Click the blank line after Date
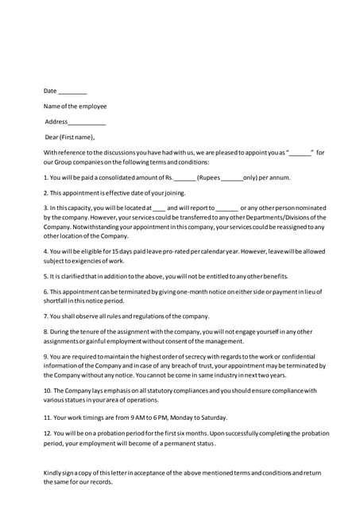(73, 92)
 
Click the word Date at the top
(50, 91)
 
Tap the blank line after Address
(87, 122)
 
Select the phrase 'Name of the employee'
(75, 106)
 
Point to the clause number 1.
(45, 177)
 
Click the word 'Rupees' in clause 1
(210, 177)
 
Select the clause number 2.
(45, 192)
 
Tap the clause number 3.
(45, 208)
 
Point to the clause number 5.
(45, 276)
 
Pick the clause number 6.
(45, 291)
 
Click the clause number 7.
(45, 316)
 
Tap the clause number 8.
(45, 331)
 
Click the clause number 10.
(47, 390)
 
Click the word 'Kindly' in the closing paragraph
(53, 474)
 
